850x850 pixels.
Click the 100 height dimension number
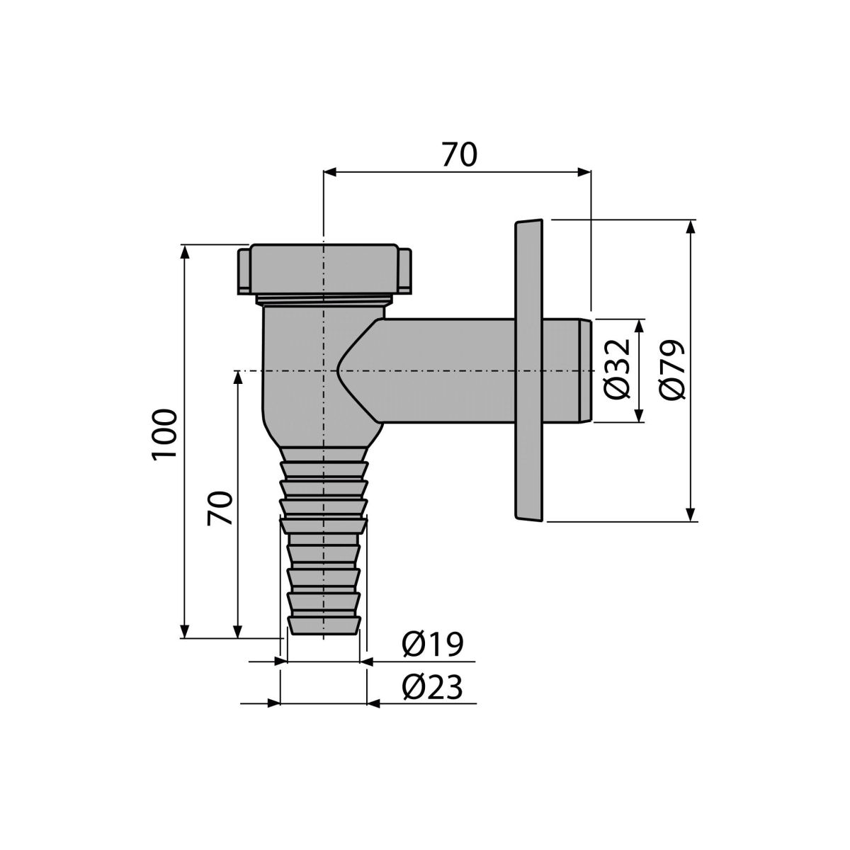click(x=164, y=435)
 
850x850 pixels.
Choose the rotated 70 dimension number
click(x=220, y=508)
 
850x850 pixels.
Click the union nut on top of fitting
click(x=324, y=269)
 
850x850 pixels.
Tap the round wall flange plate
click(x=529, y=370)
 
